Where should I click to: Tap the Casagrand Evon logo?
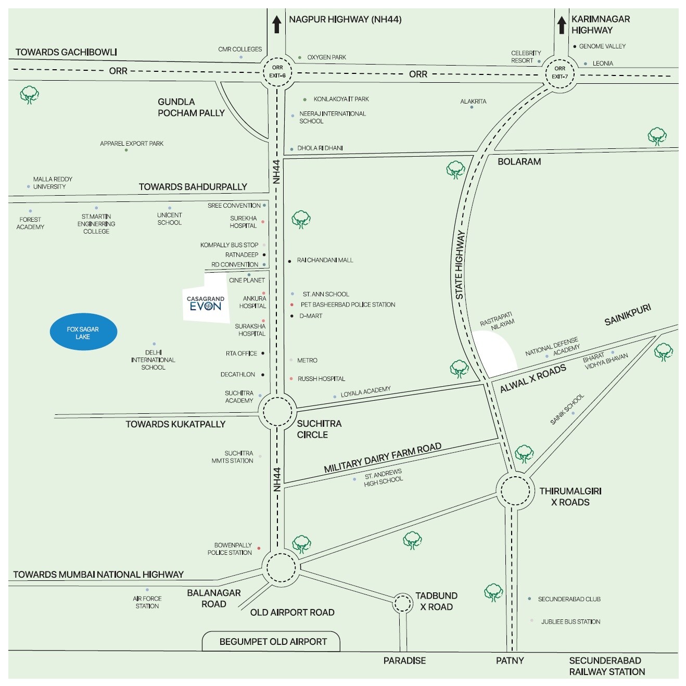206,303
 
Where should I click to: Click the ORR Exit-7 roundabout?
560,72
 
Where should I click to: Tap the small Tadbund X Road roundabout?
402,604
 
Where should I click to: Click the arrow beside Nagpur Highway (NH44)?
277,24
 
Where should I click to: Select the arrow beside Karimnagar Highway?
562,24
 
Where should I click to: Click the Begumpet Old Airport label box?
273,642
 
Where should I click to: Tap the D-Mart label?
311,316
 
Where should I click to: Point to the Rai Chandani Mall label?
325,260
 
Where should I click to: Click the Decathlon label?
238,375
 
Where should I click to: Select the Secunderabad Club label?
569,599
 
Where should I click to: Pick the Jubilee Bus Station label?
570,621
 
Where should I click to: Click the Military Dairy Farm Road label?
383,458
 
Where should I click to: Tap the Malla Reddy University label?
52,183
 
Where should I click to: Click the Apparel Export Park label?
132,144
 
